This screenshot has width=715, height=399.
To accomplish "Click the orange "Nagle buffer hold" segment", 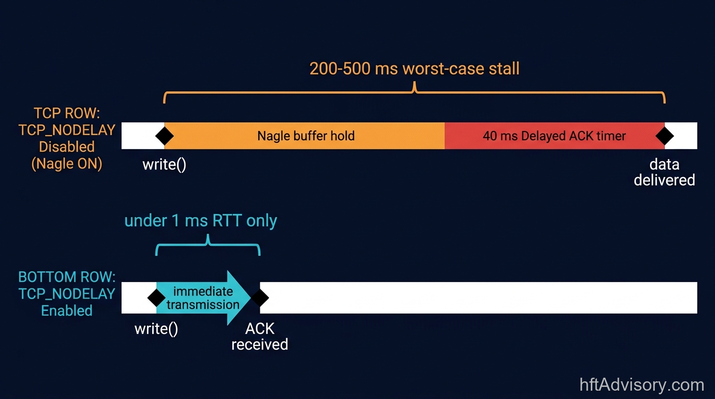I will click(x=306, y=136).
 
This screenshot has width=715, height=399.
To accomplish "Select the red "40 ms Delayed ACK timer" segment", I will click(x=554, y=136).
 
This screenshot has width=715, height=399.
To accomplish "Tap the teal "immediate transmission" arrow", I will click(x=203, y=298).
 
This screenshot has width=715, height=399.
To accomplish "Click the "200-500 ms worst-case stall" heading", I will click(x=414, y=69).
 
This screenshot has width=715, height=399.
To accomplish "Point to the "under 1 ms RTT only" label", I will click(x=201, y=221).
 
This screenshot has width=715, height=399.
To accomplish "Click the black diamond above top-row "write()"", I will click(x=165, y=136).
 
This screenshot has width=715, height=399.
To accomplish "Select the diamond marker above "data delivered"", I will click(x=665, y=136).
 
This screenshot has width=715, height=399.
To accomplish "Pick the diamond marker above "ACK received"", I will click(x=260, y=298).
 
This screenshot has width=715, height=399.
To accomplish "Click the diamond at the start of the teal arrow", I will click(x=156, y=298).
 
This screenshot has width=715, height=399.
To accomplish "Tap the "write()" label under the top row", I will click(x=164, y=165).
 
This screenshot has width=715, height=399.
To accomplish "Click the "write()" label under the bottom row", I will click(x=156, y=329).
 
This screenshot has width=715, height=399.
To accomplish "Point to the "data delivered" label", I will click(x=664, y=172).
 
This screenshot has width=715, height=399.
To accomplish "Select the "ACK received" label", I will click(x=260, y=337).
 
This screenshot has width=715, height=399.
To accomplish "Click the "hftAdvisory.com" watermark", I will click(x=642, y=385).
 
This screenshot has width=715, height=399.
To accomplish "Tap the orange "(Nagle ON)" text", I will click(x=67, y=164).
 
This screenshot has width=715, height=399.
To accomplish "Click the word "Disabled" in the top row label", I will click(x=67, y=147).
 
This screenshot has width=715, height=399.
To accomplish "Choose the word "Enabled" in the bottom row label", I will click(x=67, y=311).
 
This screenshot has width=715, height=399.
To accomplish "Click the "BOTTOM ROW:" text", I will click(x=67, y=276).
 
